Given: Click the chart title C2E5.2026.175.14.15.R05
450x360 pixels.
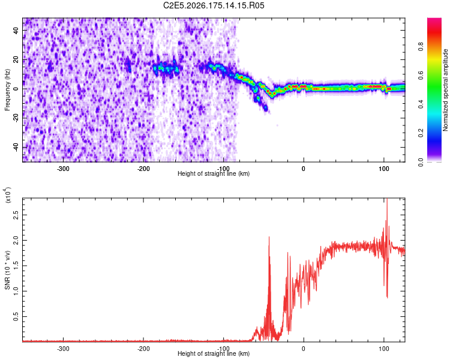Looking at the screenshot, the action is (x=214, y=5).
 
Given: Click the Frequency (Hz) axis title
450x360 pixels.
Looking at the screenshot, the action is (x=7, y=89).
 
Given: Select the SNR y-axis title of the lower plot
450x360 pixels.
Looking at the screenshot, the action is (x=7, y=270).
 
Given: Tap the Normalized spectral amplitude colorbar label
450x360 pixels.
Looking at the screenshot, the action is (x=445, y=90).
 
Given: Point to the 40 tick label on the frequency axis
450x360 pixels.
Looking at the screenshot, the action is (x=16, y=30).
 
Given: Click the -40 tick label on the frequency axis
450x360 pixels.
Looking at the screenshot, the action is (x=16, y=147).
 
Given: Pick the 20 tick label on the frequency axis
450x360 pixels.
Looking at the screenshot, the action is (x=16, y=59).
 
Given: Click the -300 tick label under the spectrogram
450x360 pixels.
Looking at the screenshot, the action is (x=63, y=169).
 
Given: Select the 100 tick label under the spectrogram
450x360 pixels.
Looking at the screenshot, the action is (x=384, y=169).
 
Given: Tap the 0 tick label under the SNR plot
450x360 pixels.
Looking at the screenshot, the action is (x=304, y=349).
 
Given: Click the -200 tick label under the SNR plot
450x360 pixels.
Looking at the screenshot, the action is (x=143, y=349).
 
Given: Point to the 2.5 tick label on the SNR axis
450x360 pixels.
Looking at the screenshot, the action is (x=16, y=215).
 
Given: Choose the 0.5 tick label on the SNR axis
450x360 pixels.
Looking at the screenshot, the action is (x=16, y=316).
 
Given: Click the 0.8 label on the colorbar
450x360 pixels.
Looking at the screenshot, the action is (x=421, y=46).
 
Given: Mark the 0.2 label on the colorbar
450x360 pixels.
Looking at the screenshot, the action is (x=421, y=133).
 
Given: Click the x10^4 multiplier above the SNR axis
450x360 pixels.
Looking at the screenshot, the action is (x=7, y=195).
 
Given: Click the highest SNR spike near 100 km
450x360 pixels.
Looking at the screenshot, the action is (x=387, y=199).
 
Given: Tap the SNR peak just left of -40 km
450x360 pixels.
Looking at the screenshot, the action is (x=269, y=237).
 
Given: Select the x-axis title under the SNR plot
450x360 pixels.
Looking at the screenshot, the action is (x=214, y=353).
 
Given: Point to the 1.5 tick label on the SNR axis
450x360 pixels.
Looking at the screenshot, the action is (x=16, y=266).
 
